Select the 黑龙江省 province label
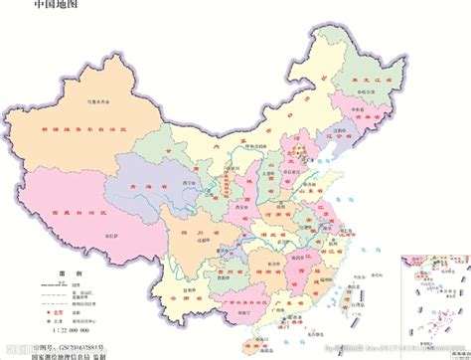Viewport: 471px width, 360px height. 394,75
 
